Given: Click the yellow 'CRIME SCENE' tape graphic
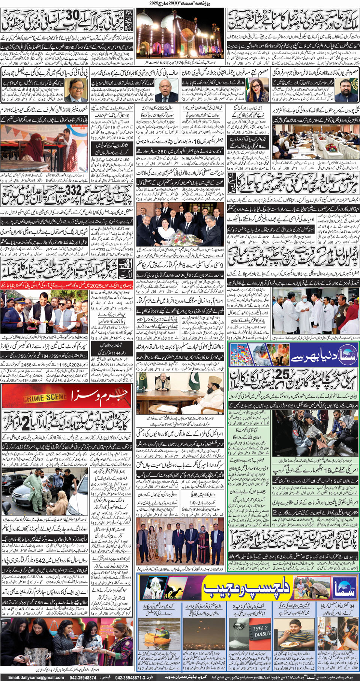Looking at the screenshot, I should (45, 397).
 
